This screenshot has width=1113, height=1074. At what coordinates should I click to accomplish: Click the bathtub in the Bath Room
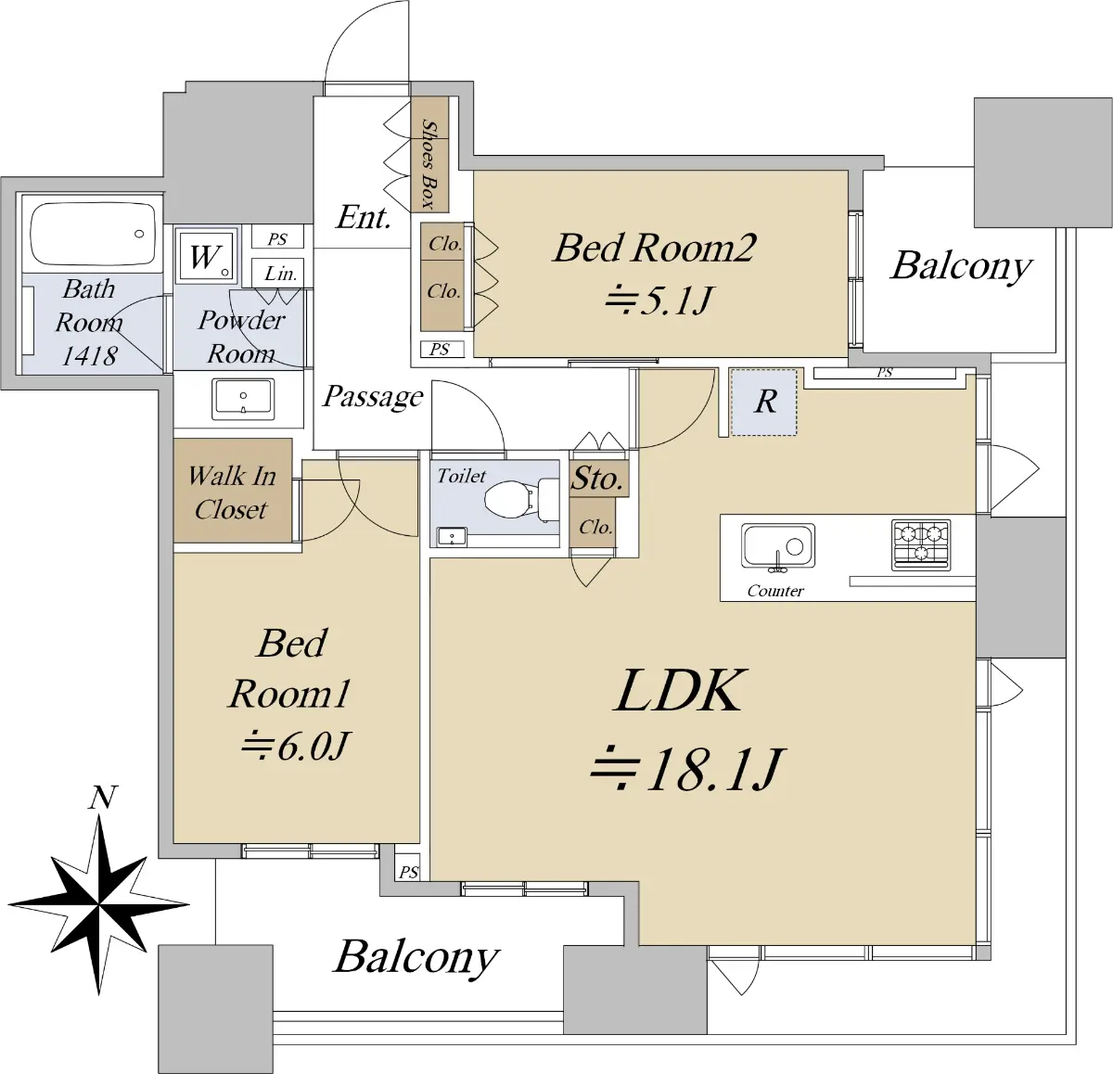[x=93, y=235]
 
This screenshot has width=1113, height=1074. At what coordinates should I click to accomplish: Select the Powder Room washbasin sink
[x=243, y=399]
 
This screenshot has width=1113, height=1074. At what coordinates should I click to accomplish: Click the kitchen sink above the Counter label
[x=778, y=545]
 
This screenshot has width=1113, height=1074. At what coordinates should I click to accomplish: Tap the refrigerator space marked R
[x=764, y=402]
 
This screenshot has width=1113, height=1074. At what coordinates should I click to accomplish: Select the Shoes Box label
[x=429, y=163]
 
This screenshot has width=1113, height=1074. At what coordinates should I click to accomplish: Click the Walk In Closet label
[x=231, y=492]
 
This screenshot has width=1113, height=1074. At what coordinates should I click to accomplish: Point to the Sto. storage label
[x=596, y=479]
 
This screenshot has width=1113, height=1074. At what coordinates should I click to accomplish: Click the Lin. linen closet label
[x=280, y=274]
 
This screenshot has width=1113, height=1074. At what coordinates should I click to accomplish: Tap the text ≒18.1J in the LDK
[x=687, y=770]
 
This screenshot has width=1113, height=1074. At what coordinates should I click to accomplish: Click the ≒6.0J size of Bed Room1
[x=295, y=745]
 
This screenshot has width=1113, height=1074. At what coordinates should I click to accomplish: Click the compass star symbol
[x=98, y=902]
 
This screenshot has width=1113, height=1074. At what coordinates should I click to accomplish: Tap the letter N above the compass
[x=103, y=798]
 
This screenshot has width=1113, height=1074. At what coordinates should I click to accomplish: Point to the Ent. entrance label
[x=363, y=218]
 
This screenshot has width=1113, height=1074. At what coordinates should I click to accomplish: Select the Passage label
[x=373, y=397]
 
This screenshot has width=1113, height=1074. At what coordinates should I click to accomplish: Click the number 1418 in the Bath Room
[x=89, y=355]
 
